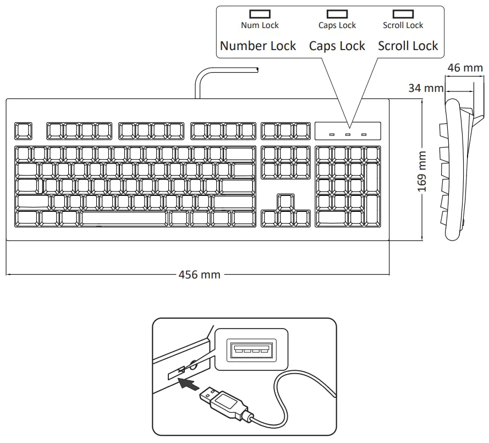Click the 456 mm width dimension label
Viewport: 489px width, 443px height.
click(x=199, y=274)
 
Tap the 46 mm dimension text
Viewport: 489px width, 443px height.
click(x=465, y=68)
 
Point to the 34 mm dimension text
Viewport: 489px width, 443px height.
click(x=426, y=87)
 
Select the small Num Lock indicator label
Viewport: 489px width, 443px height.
click(x=260, y=25)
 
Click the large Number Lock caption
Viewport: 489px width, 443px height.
click(x=258, y=46)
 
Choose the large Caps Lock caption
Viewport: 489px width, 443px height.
click(x=337, y=46)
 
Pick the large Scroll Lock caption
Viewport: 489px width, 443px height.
click(x=408, y=46)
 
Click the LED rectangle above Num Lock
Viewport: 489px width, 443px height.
click(x=260, y=14)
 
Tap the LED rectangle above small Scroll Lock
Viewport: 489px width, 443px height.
click(x=403, y=14)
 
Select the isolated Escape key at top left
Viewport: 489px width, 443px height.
click(x=23, y=131)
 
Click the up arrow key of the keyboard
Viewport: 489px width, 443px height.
click(x=285, y=202)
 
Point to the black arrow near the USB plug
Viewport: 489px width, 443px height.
click(x=188, y=384)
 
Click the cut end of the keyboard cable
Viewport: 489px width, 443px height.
click(x=257, y=69)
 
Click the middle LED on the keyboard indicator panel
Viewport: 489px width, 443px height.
click(x=348, y=134)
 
